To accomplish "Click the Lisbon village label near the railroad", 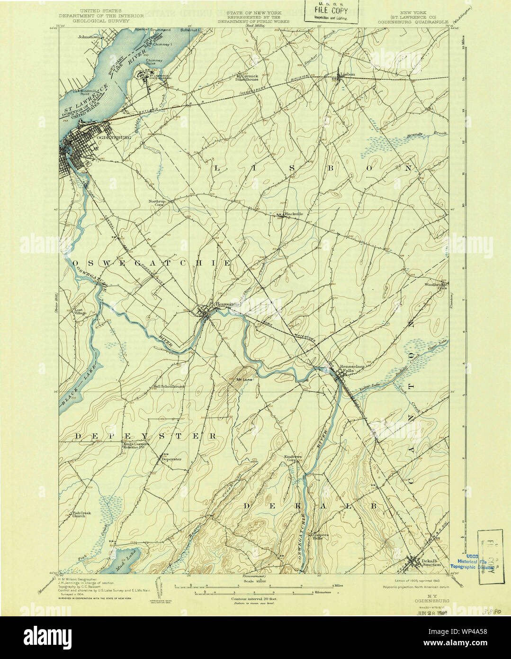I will [x=347, y=74].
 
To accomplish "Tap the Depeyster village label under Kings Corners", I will [x=171, y=459].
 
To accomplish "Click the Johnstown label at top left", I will [x=90, y=36].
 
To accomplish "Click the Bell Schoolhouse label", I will [x=169, y=386].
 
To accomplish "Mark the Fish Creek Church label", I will [x=80, y=514].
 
